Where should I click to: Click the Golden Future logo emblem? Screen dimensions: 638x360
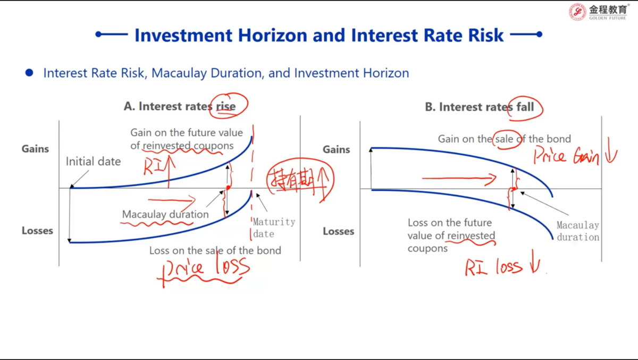577,12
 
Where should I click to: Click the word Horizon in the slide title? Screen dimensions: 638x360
273,35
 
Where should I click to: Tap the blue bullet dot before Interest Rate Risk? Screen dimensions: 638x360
29,73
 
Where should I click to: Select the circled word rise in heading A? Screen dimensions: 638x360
226,106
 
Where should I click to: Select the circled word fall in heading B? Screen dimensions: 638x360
525,107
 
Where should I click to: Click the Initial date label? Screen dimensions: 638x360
93,162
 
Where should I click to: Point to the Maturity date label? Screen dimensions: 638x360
274,228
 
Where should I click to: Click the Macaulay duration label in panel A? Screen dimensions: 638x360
165,214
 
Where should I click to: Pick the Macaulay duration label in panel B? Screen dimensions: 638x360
578,231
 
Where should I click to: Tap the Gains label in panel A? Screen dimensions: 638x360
35,149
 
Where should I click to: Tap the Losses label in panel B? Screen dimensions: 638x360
338,231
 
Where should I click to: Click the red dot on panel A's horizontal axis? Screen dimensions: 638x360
229,188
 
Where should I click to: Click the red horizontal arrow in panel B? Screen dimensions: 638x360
459,179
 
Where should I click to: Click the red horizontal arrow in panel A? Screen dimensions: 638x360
172,200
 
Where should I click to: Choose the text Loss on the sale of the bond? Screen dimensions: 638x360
215,250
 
